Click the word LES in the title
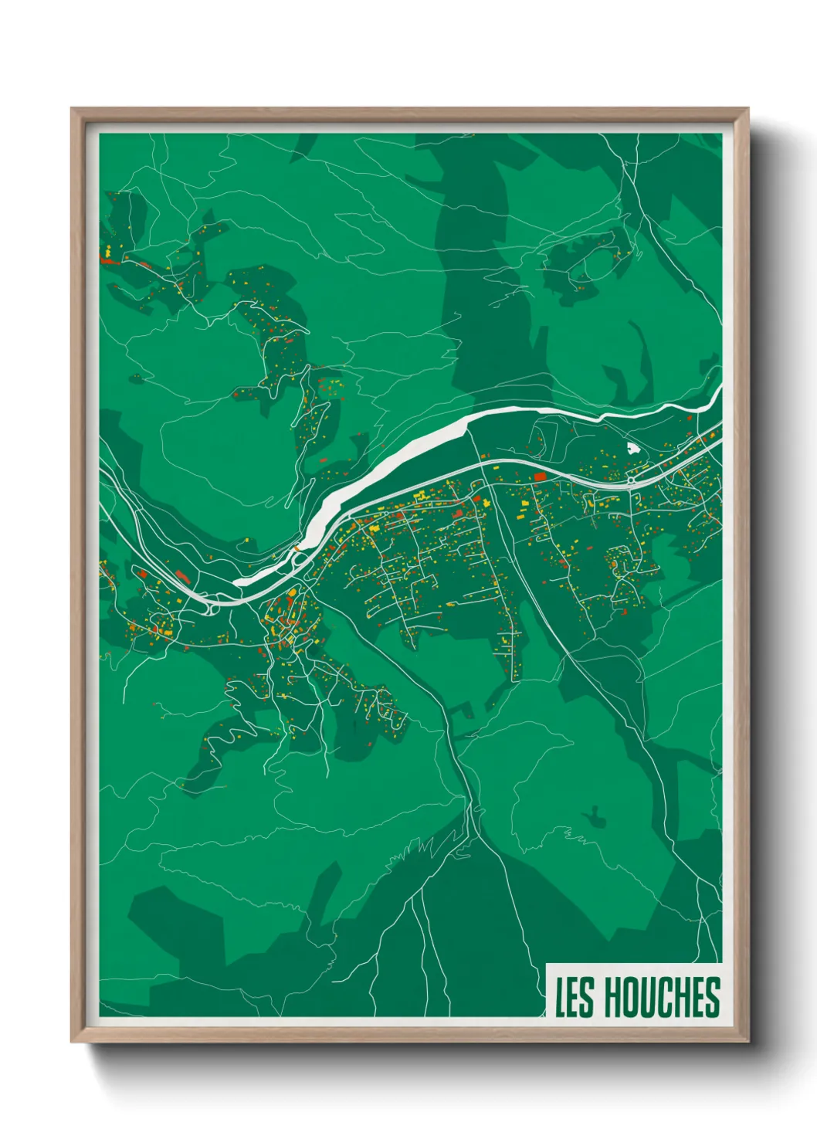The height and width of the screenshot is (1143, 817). (x=575, y=997)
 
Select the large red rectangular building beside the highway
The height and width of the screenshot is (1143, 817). (x=540, y=477)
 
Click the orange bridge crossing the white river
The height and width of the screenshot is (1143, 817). (x=296, y=550)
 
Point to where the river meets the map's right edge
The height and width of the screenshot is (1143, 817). (x=720, y=392)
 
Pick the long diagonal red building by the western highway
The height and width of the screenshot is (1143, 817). (x=183, y=575)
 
